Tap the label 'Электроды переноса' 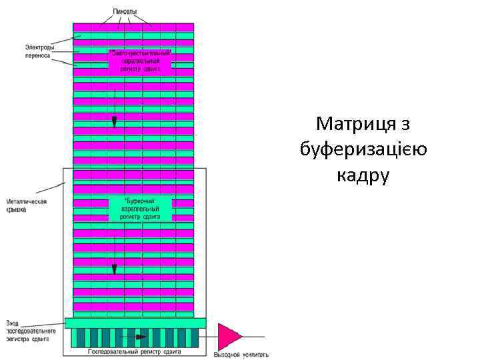pyautogui.click(x=37, y=51)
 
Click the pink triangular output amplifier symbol pyautogui.click(x=229, y=335)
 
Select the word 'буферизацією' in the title pyautogui.click(x=363, y=149)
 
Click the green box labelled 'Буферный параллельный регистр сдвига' pyautogui.click(x=140, y=208)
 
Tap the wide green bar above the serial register pyautogui.click(x=135, y=323)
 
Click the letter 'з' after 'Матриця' pyautogui.click(x=405, y=125)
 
